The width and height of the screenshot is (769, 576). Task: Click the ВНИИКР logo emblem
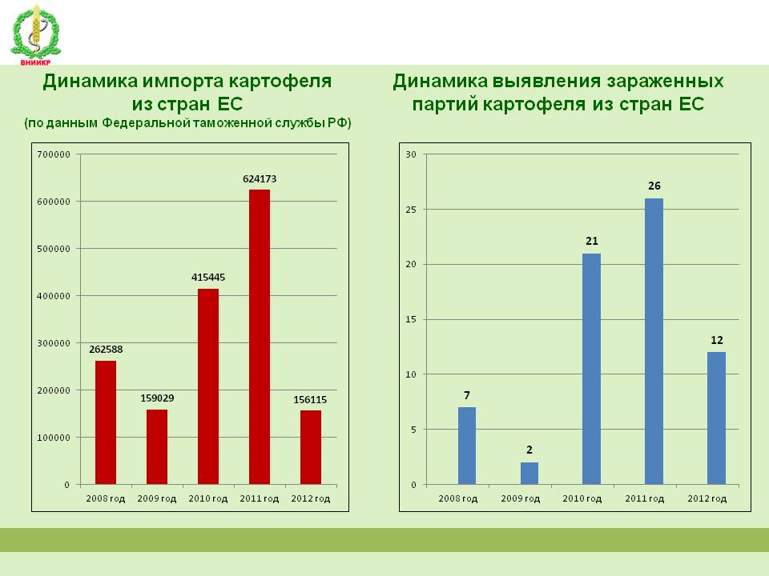click(x=35, y=35)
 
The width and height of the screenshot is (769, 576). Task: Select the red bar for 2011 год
click(x=260, y=337)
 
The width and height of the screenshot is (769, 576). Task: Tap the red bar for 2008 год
click(x=106, y=422)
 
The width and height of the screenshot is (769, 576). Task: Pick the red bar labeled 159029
click(x=157, y=447)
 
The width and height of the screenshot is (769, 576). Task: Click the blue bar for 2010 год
click(x=591, y=369)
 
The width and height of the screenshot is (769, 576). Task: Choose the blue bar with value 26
click(x=654, y=342)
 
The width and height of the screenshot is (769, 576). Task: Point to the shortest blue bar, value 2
click(x=529, y=473)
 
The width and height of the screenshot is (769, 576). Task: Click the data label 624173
click(x=260, y=179)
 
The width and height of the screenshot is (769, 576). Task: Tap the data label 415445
click(x=208, y=278)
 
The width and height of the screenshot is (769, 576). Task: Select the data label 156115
click(x=310, y=400)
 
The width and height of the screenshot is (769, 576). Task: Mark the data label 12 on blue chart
click(x=716, y=341)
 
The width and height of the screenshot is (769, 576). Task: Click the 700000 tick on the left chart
click(x=54, y=154)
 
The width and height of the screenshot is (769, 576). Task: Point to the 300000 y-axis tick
click(x=54, y=343)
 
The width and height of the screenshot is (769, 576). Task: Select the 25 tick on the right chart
click(x=411, y=210)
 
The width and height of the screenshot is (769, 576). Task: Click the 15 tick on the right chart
click(x=411, y=319)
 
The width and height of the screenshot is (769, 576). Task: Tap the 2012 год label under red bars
click(x=311, y=498)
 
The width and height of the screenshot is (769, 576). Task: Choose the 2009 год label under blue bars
click(x=521, y=498)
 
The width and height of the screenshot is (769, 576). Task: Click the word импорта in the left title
click(x=183, y=82)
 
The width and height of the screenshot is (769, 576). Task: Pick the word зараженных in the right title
click(x=665, y=82)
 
